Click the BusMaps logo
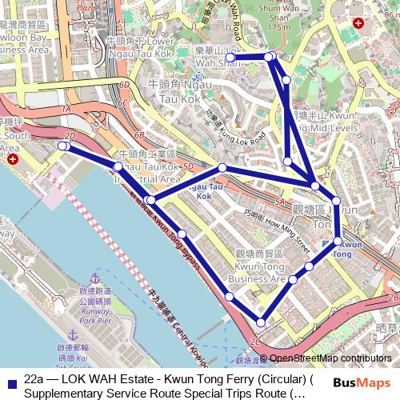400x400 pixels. (356, 383)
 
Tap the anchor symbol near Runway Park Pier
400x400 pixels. (73, 332)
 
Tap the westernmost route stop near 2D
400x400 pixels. (62, 146)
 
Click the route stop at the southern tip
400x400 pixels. (260, 322)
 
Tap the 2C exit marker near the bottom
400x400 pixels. (255, 342)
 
